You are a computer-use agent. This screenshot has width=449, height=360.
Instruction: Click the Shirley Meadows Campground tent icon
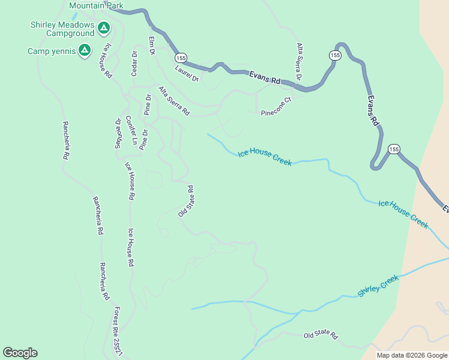(103, 28)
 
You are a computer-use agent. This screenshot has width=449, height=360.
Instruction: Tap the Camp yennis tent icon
(85, 50)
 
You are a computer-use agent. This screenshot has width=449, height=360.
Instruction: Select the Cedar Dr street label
(134, 63)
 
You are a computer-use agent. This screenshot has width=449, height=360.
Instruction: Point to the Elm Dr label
(152, 46)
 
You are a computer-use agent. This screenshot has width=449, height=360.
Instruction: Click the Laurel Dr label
(187, 73)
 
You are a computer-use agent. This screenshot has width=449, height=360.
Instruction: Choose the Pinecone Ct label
(276, 106)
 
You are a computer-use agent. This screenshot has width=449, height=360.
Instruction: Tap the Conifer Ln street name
(131, 133)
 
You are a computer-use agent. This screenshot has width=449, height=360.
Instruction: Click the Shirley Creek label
(378, 287)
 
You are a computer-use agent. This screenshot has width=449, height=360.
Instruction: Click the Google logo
(20, 353)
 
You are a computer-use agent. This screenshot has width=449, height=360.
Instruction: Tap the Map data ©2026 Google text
(412, 355)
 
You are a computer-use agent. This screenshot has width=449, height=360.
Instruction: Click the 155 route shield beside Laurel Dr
(181, 58)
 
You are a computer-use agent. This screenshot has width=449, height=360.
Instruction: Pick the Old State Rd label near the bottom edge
(321, 336)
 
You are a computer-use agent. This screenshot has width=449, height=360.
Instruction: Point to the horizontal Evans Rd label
(267, 80)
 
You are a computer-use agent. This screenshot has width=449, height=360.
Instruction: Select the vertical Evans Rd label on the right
(373, 110)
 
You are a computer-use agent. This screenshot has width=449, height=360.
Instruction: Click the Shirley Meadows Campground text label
(62, 29)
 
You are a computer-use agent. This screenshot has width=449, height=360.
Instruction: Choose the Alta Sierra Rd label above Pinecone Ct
(298, 62)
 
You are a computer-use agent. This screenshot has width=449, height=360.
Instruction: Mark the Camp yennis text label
(52, 51)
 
